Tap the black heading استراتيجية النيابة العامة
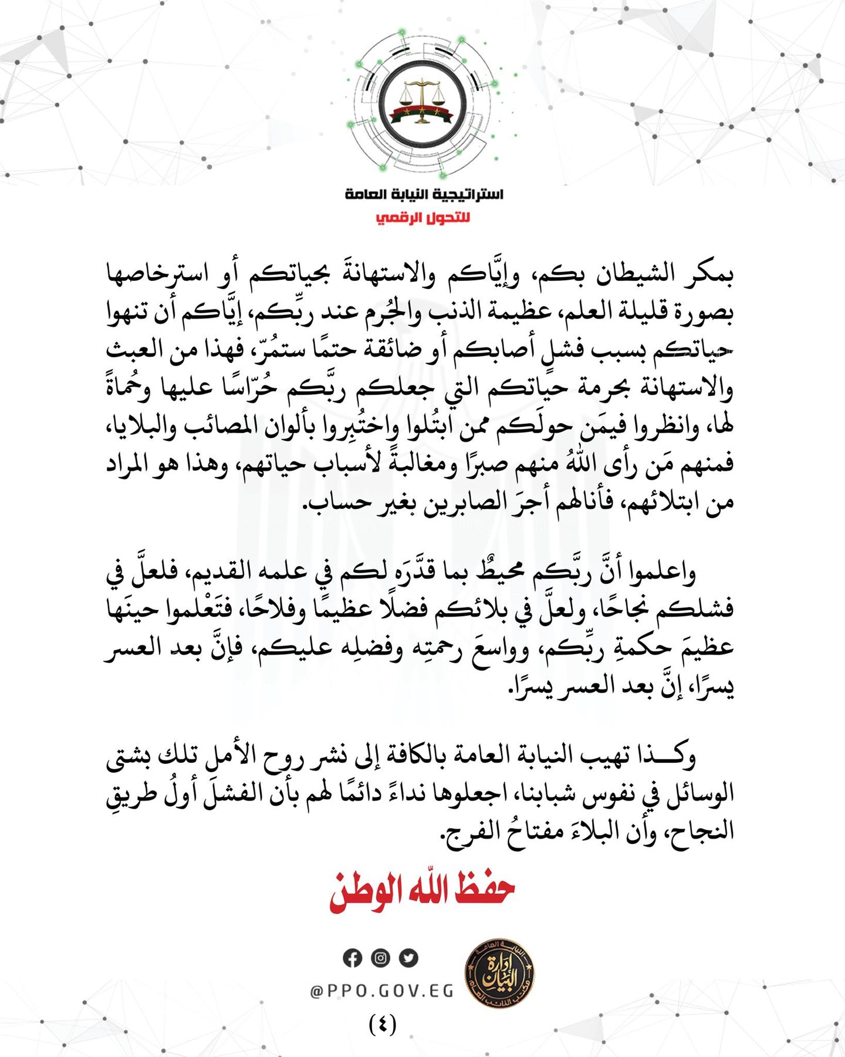(x=424, y=194)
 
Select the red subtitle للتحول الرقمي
(x=423, y=218)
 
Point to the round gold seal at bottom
(x=499, y=973)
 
